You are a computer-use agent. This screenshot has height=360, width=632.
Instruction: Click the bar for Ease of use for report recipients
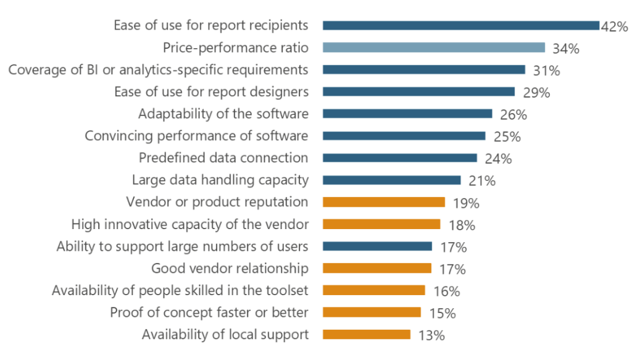tap(461, 25)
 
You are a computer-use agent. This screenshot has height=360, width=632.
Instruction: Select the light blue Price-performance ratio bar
tap(434, 48)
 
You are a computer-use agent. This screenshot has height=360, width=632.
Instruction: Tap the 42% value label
tap(614, 27)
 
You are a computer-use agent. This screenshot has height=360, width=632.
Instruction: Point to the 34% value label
tap(565, 49)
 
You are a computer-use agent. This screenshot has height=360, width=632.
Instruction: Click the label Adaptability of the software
tap(223, 114)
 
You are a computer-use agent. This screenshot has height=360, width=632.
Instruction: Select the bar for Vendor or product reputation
tap(384, 202)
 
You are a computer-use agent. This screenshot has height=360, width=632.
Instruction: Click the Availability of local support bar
tap(367, 334)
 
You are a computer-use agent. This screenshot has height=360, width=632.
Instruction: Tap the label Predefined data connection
tap(223, 157)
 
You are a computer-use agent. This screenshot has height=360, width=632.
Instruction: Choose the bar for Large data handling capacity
tap(392, 180)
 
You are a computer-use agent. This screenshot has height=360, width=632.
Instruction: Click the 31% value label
tap(545, 71)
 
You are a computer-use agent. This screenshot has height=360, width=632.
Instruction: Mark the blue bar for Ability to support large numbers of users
tap(377, 246)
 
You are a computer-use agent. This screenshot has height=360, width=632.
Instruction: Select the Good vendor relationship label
tap(230, 269)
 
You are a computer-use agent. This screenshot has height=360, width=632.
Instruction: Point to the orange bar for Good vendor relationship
tap(377, 268)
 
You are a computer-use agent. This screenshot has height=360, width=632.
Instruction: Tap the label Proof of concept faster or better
tap(209, 312)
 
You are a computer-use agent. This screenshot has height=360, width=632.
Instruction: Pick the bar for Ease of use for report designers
tap(418, 91)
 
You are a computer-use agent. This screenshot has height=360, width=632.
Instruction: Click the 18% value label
tap(460, 225)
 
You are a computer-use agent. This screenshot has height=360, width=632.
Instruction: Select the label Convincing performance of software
tap(196, 136)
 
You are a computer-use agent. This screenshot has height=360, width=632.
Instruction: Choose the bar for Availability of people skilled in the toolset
tap(374, 290)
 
